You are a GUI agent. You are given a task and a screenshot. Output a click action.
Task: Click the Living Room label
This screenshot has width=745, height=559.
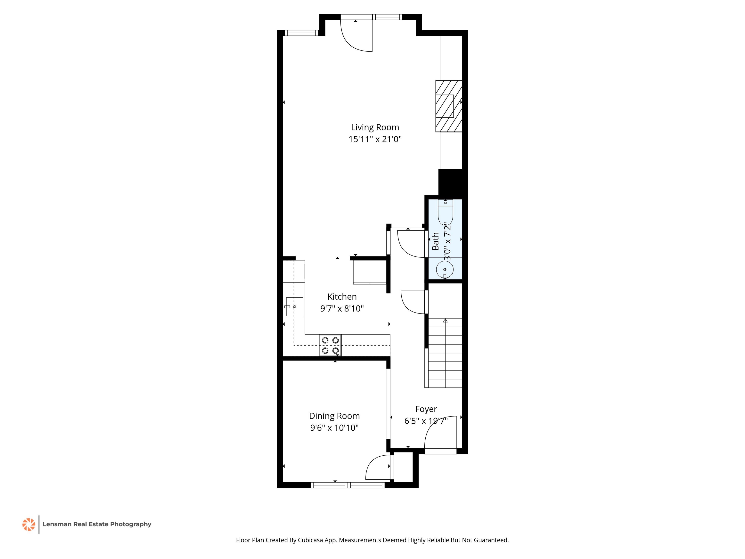click(x=375, y=127)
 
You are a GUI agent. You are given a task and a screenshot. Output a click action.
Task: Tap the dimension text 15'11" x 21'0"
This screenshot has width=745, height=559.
click(x=375, y=139)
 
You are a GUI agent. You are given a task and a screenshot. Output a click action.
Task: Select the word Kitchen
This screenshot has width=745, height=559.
click(x=342, y=296)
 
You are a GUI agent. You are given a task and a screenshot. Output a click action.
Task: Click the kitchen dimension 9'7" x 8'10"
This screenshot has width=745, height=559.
click(x=342, y=308)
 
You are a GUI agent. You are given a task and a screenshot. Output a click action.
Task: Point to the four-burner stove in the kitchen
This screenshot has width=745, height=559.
click(x=330, y=345)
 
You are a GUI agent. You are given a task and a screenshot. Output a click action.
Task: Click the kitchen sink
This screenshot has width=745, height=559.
click(x=294, y=307)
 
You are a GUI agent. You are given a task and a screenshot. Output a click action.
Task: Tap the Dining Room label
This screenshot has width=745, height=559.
click(x=334, y=416)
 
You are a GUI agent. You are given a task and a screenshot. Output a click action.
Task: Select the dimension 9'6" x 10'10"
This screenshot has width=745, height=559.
click(x=334, y=427)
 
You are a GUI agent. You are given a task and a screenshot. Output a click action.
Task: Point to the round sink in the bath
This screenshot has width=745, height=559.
click(x=445, y=270)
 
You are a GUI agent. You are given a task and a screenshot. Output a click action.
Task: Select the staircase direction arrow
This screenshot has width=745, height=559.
click(x=445, y=321)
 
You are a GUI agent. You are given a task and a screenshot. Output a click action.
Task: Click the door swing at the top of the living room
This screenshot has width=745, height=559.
click(x=356, y=37)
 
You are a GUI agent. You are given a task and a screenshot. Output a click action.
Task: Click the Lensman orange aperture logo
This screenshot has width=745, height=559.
click(x=29, y=524)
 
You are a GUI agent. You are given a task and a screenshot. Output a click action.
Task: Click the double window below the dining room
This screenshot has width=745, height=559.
click(x=348, y=485)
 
